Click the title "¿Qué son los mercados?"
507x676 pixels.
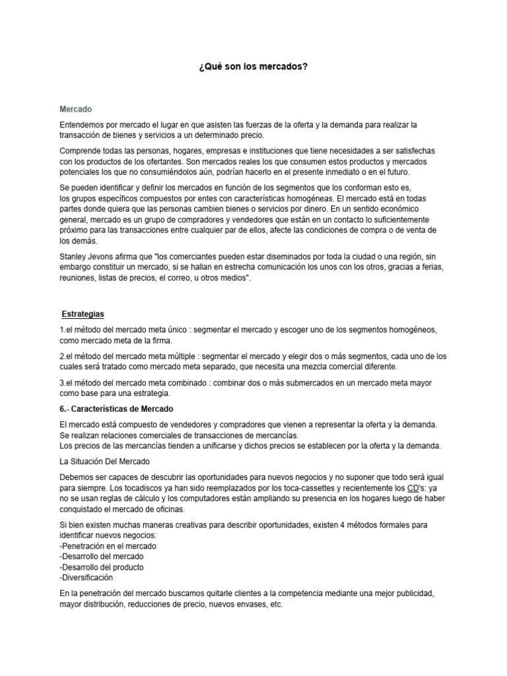[x=253, y=68]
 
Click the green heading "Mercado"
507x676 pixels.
[x=76, y=108]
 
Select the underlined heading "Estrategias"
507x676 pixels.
[x=83, y=314]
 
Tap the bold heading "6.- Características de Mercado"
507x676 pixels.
[x=116, y=409]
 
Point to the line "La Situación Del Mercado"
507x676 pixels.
[x=104, y=461]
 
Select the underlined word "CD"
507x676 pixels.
[x=413, y=488]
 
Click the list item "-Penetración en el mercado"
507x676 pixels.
[x=108, y=546]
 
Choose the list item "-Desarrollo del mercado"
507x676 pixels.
[x=101, y=557]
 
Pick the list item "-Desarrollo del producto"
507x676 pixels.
[x=101, y=567]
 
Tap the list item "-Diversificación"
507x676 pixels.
[x=86, y=578]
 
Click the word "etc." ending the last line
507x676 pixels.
[x=276, y=604]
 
